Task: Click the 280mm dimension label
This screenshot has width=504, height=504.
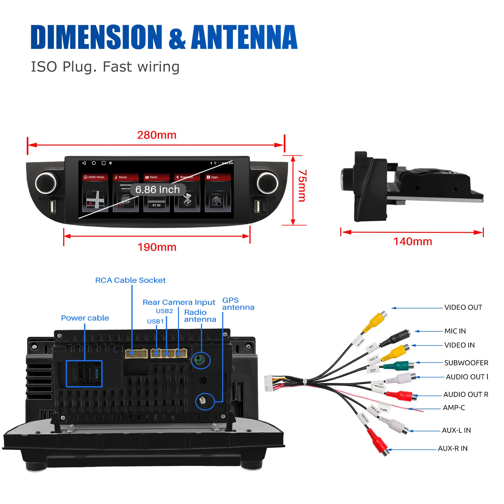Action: click(x=157, y=135)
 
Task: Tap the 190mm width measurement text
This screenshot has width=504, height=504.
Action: click(x=157, y=247)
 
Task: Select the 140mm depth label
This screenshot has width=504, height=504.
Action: click(x=413, y=242)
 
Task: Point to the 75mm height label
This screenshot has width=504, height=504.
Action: click(x=302, y=186)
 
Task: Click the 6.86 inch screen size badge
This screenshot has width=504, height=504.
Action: click(x=157, y=190)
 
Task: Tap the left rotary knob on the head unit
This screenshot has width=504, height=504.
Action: click(x=46, y=183)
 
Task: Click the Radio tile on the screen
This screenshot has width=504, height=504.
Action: click(x=156, y=193)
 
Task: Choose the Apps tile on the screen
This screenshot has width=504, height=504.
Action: click(x=218, y=193)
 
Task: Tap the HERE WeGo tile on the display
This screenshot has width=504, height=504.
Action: click(x=95, y=193)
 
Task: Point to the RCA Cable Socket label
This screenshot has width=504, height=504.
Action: click(x=130, y=280)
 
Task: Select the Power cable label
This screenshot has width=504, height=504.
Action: click(x=85, y=318)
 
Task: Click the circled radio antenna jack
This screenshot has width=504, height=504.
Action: click(x=200, y=360)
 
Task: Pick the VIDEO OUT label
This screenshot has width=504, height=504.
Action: click(x=463, y=307)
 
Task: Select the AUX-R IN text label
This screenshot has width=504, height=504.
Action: click(x=453, y=449)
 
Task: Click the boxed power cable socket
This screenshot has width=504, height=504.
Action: click(x=84, y=374)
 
